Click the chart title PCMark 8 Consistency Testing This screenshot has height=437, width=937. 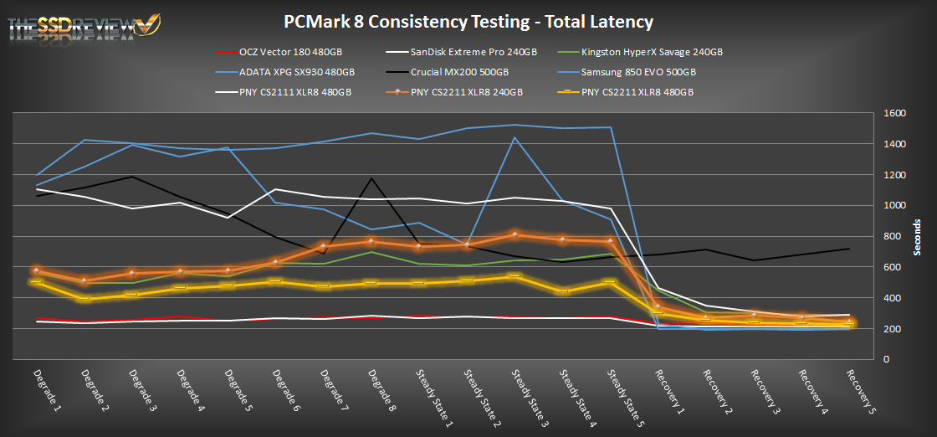(x=468, y=22)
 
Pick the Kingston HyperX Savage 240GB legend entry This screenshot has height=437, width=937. (x=652, y=52)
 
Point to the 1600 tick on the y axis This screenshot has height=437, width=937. (x=893, y=114)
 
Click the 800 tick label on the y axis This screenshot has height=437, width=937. (x=890, y=237)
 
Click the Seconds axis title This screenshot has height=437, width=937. (x=918, y=236)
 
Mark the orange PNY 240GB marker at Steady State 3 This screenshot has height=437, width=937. (x=515, y=234)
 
